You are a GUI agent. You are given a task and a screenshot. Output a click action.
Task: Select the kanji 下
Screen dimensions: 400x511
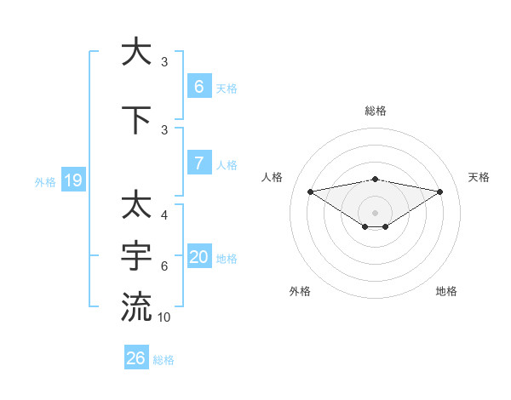(136, 121)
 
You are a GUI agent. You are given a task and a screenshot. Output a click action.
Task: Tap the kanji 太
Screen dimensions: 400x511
(136, 204)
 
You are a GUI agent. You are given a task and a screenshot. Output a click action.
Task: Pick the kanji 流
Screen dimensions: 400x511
(136, 306)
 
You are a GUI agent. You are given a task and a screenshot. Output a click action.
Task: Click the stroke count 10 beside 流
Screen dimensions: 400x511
(165, 317)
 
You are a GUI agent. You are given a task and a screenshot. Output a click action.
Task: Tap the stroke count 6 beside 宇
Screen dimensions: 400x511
(164, 266)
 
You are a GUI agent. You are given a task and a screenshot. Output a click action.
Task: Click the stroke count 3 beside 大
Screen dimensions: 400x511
(164, 62)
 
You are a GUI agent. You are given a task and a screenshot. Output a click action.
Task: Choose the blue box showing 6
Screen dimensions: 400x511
(199, 86)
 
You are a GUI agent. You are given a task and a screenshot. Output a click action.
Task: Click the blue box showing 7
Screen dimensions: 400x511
(199, 163)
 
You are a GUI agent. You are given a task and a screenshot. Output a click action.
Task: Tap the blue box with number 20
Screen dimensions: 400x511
(199, 257)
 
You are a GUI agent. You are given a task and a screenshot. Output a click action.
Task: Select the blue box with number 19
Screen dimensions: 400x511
(72, 180)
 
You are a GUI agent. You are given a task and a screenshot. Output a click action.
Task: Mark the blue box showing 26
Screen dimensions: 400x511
(135, 358)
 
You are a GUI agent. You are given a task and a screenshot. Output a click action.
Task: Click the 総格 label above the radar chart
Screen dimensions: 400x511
(376, 111)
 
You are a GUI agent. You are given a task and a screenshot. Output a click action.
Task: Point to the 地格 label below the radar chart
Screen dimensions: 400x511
(446, 291)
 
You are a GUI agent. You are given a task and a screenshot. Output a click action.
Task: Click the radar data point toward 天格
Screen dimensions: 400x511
(440, 191)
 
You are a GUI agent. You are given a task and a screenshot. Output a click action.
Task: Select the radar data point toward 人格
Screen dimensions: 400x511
(310, 191)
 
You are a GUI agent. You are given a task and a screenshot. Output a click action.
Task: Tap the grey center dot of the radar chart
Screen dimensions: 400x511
(376, 213)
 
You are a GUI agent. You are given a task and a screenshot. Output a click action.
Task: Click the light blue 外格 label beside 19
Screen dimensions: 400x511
(45, 181)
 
